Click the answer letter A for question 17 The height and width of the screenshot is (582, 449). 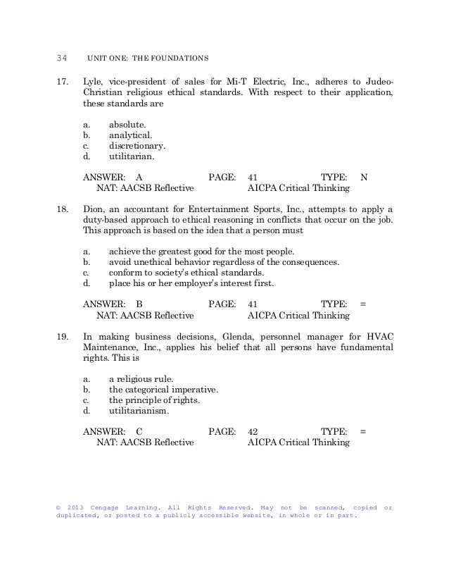pyautogui.click(x=139, y=178)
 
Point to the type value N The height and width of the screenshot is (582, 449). pyautogui.click(x=364, y=178)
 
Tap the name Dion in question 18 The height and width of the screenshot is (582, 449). pyautogui.click(x=94, y=209)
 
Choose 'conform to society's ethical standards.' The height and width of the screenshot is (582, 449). pyautogui.click(x=186, y=273)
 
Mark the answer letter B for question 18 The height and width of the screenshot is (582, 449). pyautogui.click(x=139, y=304)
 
